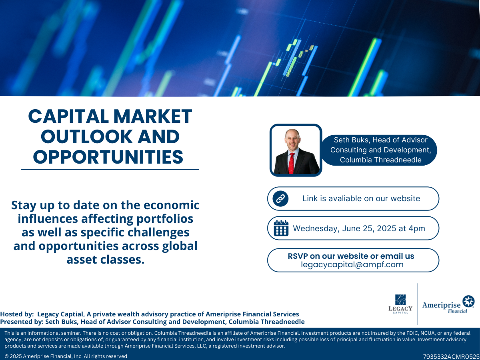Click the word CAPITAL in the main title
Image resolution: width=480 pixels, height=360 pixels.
(68, 116)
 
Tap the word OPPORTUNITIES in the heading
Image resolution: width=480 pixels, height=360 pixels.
(108, 157)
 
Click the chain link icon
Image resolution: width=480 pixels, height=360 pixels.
(280, 199)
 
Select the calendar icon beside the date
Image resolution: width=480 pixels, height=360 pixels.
(281, 228)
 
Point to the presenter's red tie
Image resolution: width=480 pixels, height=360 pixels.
(292, 164)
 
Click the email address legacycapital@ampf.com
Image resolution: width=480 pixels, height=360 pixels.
(352, 264)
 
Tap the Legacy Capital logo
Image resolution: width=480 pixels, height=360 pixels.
(400, 304)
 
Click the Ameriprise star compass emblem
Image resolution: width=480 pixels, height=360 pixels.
(468, 301)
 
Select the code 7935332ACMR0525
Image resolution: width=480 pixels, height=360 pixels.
(451, 356)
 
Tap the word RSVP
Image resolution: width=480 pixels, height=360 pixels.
(298, 256)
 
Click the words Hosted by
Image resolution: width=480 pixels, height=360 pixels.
(17, 314)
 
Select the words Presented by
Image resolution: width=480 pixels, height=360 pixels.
(22, 322)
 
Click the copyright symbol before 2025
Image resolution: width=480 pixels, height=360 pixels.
(6, 356)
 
